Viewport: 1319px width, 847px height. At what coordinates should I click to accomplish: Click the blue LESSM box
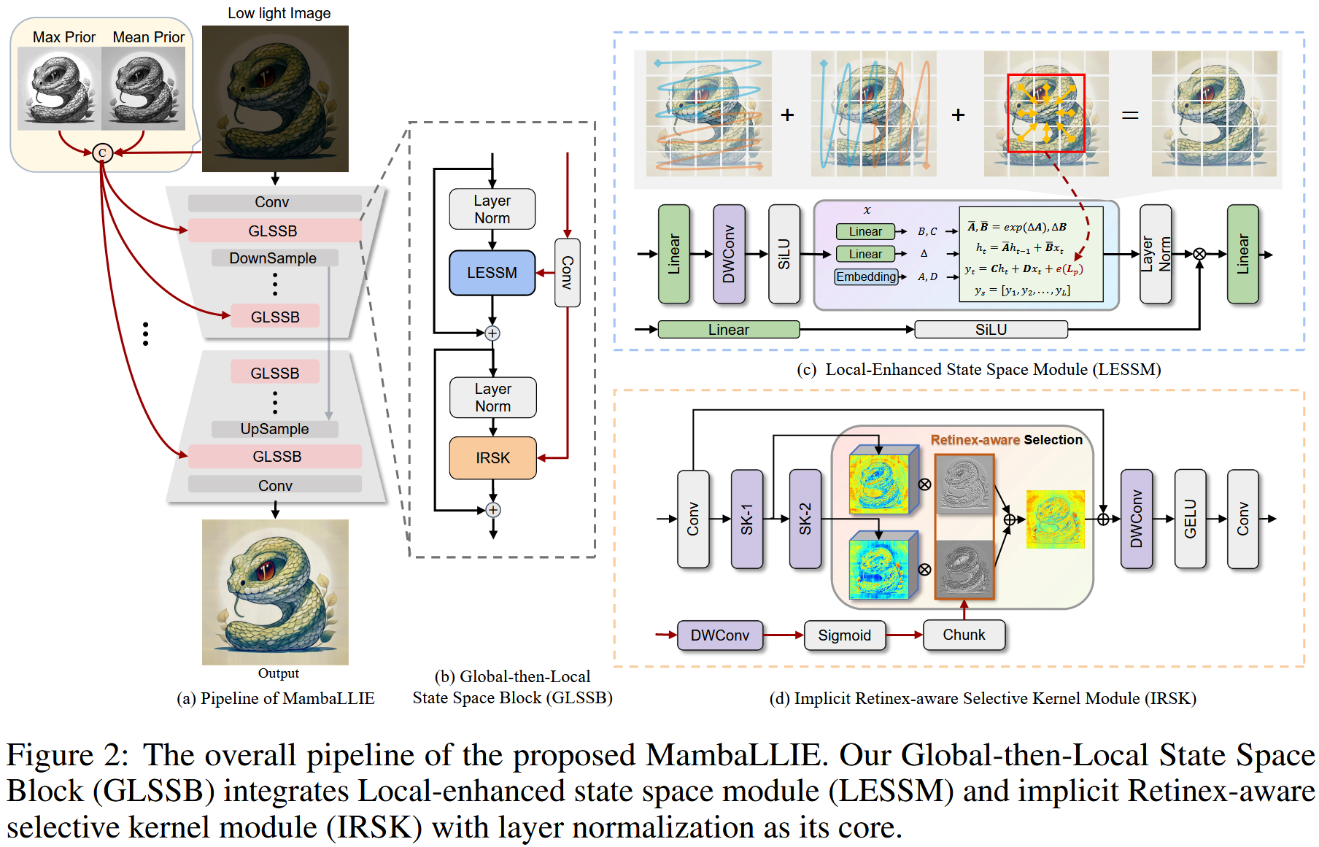(x=492, y=273)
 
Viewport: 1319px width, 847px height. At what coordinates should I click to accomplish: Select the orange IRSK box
(x=493, y=458)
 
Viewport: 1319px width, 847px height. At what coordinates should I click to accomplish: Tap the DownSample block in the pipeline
(x=274, y=258)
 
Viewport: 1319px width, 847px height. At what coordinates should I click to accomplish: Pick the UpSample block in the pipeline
(x=274, y=429)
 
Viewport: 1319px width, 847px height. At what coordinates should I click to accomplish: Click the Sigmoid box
(x=845, y=635)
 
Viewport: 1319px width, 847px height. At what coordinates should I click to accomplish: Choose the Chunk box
(x=964, y=635)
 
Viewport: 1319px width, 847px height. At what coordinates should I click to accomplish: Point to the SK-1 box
(x=747, y=519)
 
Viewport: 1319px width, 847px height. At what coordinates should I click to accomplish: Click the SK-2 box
(x=805, y=519)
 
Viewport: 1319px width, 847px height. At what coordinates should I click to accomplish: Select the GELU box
(x=1191, y=519)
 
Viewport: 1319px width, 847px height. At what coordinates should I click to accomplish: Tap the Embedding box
(x=866, y=277)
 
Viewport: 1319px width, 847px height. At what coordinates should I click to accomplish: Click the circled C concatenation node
(x=102, y=152)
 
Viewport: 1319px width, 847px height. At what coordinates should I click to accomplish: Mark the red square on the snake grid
(x=1046, y=113)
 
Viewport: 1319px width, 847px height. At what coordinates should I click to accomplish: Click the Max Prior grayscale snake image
(x=57, y=89)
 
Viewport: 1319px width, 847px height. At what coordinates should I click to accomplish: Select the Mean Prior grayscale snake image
(x=144, y=89)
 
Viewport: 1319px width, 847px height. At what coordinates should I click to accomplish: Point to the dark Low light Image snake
(x=275, y=99)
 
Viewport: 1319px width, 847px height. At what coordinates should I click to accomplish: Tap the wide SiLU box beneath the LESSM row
(x=991, y=330)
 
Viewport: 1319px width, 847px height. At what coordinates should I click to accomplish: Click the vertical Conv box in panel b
(x=568, y=273)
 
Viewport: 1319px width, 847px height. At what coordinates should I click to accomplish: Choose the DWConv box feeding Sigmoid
(x=720, y=635)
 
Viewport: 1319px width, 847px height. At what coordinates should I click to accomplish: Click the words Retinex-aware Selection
(x=1006, y=440)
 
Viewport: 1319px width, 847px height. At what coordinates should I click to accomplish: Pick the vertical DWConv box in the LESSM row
(x=729, y=254)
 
